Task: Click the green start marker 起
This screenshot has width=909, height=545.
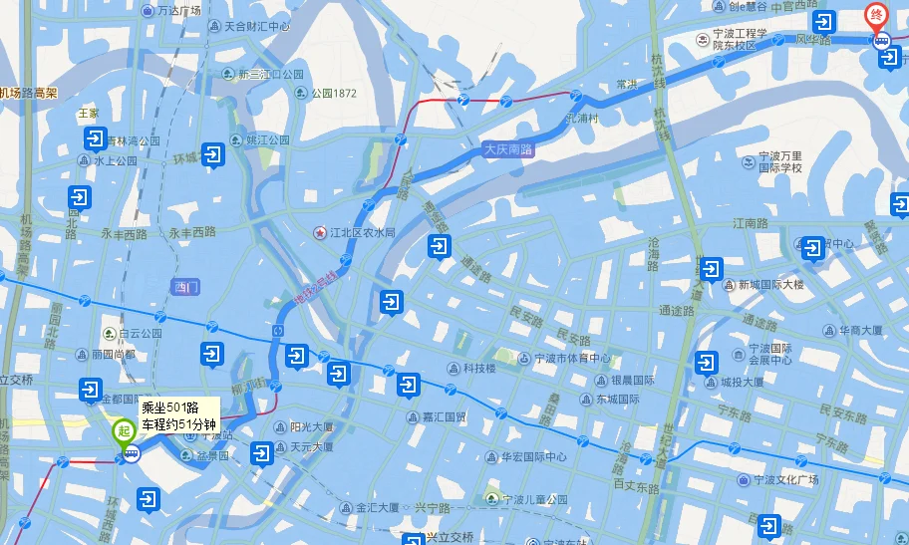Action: click(x=124, y=431)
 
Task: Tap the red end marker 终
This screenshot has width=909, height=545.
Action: click(x=875, y=16)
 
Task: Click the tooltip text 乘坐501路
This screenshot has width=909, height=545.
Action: click(x=169, y=408)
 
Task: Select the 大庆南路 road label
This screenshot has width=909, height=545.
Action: click(x=508, y=149)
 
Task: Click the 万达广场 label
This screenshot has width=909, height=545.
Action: click(x=178, y=11)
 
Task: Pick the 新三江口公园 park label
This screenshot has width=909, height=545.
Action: click(x=269, y=74)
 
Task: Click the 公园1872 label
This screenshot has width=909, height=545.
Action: click(x=333, y=94)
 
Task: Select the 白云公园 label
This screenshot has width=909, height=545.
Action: click(x=139, y=333)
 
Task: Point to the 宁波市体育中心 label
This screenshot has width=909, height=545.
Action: click(x=571, y=359)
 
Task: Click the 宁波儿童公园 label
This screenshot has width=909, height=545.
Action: click(x=534, y=498)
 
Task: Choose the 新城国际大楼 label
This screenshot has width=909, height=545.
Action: click(x=770, y=284)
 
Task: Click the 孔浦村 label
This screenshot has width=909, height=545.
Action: click(x=581, y=118)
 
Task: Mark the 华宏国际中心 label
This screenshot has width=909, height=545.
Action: click(x=533, y=458)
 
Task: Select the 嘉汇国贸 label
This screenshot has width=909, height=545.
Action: click(x=444, y=417)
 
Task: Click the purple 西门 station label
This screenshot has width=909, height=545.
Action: click(x=186, y=287)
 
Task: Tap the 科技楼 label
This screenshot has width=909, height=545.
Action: click(x=477, y=368)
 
